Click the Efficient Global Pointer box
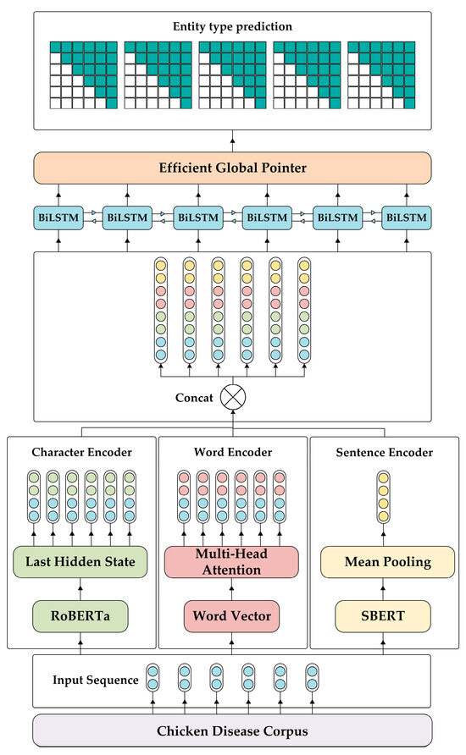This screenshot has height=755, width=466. coord(232,168)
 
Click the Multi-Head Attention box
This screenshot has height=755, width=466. coord(231,562)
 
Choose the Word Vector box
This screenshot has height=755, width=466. coord(231,615)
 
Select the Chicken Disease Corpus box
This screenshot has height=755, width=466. coord(232,730)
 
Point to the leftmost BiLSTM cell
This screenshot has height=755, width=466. coord(58,218)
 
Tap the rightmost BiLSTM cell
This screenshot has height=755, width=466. coord(406,218)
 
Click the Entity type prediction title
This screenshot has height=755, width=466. coord(232,26)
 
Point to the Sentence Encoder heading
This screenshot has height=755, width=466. coord(384,453)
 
